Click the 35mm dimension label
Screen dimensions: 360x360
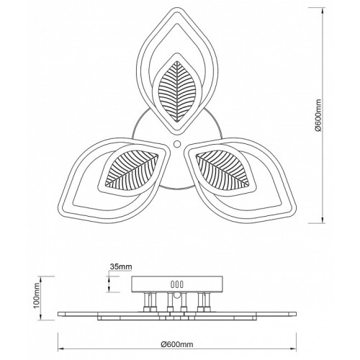tap(121, 266)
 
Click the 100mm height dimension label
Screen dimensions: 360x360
tap(37, 298)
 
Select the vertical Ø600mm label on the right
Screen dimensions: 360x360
tap(318, 115)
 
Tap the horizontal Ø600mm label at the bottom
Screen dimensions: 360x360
tap(177, 344)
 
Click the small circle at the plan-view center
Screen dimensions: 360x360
tap(177, 144)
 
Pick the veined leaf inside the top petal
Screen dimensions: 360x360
tap(177, 91)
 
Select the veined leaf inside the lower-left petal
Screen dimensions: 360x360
tap(132, 169)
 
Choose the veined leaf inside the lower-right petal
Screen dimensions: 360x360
tap(222, 169)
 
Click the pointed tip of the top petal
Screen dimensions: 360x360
tap(177, 8)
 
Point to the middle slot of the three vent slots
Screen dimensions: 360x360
tap(177, 284)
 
